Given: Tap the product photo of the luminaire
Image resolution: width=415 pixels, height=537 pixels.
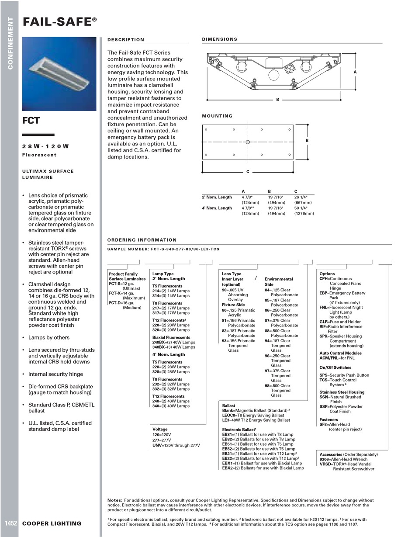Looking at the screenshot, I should pos(59,73).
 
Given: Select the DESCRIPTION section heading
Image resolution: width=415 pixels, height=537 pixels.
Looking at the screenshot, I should pos(126,40).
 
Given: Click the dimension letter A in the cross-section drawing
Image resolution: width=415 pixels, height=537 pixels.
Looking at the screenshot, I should pos(355,72).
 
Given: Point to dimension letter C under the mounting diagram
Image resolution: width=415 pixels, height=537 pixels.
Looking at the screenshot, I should pos(248,172).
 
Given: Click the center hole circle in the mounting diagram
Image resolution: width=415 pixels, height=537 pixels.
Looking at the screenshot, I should pos(248,142).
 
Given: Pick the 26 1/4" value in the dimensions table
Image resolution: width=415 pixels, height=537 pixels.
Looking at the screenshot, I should pos(301,197).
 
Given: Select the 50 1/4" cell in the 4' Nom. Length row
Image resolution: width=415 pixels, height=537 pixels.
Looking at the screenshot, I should pos(301,208).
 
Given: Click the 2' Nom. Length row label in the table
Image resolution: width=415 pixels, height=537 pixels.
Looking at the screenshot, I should pos(217,197).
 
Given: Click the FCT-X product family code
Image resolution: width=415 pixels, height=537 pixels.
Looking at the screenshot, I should pos(114,293).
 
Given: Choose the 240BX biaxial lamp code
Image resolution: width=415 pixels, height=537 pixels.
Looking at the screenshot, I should pos(159,342).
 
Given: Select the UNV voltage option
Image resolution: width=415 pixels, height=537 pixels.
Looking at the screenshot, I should pos(157,445).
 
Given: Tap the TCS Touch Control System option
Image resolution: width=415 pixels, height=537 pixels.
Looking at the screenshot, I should pos(324,380).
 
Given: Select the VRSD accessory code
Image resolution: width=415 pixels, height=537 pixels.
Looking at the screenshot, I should pos(325,464).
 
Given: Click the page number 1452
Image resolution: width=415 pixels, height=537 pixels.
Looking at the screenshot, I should pos(11,523).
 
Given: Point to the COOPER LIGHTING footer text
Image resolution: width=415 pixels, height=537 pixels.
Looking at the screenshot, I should pos(52,523).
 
